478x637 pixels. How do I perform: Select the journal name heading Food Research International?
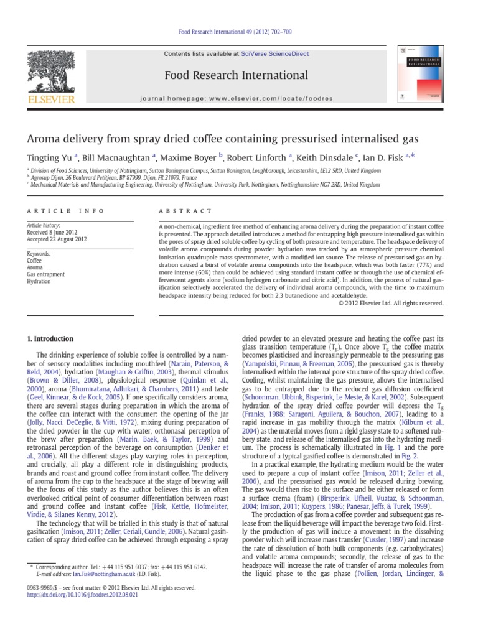(x=235, y=76)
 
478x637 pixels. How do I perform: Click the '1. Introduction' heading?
(x=49, y=338)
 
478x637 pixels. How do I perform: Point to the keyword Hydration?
(x=38, y=281)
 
